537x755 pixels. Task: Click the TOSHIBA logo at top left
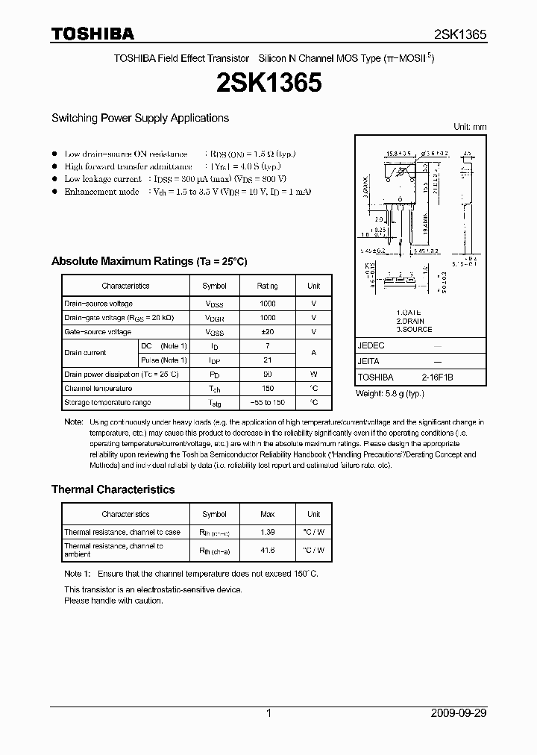click(92, 34)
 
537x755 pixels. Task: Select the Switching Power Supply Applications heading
click(139, 118)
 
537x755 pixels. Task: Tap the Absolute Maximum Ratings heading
click(148, 262)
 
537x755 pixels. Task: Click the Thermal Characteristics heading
click(113, 489)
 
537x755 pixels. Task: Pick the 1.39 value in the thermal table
click(267, 532)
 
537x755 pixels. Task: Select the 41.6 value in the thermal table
click(267, 550)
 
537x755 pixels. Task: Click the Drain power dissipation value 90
click(267, 375)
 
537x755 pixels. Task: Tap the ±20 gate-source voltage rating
click(267, 332)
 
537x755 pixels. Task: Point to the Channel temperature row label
click(98, 389)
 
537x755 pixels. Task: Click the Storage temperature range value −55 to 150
click(267, 403)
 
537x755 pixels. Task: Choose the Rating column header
click(267, 286)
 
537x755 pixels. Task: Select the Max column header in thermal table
click(267, 514)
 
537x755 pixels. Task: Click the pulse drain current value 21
click(267, 360)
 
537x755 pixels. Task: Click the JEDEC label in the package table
click(371, 346)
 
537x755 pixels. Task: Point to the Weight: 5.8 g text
click(389, 393)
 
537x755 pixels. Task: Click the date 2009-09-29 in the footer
click(459, 713)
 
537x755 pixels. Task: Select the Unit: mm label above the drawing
click(470, 127)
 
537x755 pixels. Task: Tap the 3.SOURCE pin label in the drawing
click(414, 329)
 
